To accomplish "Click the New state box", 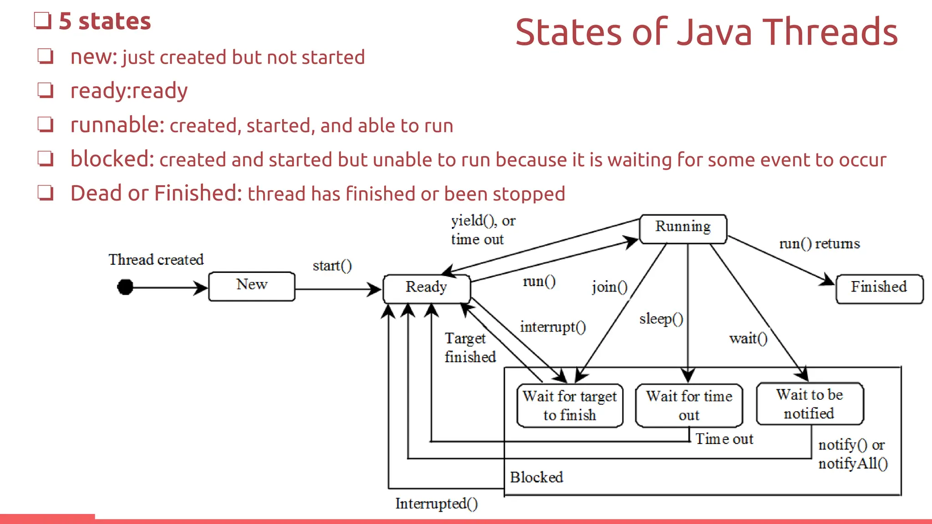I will [x=252, y=286].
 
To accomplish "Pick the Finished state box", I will [x=879, y=288].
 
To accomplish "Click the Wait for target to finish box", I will [x=570, y=405].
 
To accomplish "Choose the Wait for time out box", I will [x=689, y=405].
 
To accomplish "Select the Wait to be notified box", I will [x=810, y=404].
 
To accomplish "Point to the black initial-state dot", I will [x=125, y=287].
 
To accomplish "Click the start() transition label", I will [x=332, y=266].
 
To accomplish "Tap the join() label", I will [x=609, y=287].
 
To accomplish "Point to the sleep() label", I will [x=661, y=319].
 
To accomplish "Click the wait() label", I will [x=748, y=338].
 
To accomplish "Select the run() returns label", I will [x=820, y=244].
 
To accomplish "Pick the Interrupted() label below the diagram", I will [x=436, y=504].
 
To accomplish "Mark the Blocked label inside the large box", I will [x=537, y=477].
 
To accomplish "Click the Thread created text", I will [x=156, y=260].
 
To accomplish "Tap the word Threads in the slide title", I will [x=830, y=32].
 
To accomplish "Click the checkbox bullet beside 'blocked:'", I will [x=46, y=159].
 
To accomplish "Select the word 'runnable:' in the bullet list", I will [x=117, y=125].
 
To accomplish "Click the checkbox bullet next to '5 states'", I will [x=42, y=21].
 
